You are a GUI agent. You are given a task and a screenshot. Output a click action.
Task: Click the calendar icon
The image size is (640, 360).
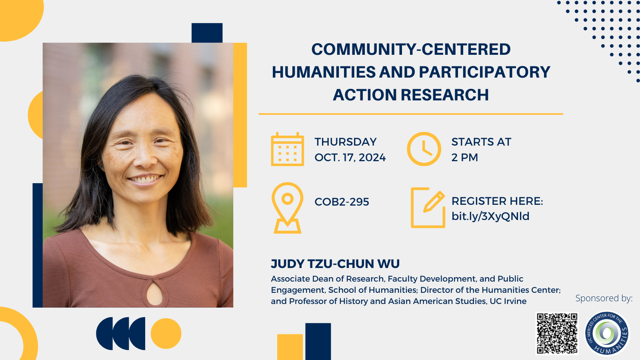(x=288, y=149)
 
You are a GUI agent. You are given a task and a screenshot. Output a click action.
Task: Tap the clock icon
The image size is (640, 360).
(x=424, y=149)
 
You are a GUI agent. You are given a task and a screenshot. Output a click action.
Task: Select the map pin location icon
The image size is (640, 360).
(x=288, y=208)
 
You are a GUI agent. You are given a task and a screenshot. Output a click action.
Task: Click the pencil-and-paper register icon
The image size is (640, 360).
(x=428, y=208)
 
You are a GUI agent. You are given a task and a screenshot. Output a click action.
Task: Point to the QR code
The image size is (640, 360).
(x=557, y=334)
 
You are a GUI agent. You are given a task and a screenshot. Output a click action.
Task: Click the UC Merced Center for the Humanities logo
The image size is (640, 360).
(x=606, y=334)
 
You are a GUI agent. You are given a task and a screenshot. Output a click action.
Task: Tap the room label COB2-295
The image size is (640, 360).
(x=342, y=202)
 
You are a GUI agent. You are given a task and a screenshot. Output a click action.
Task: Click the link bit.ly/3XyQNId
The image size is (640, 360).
(x=490, y=216)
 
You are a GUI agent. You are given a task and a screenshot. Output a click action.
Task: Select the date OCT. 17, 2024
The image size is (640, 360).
(x=350, y=158)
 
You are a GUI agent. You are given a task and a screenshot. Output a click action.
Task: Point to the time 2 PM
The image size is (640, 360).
(x=464, y=158)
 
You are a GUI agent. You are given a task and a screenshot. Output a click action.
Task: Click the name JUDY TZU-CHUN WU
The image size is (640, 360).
(x=335, y=264)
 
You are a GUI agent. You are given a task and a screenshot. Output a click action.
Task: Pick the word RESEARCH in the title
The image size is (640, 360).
(x=444, y=95)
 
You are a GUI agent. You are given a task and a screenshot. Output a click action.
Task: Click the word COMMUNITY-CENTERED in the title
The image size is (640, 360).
(x=411, y=50)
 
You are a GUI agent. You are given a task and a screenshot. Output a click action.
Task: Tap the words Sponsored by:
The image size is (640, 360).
(x=604, y=298)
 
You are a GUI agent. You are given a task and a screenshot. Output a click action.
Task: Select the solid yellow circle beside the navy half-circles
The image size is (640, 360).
(x=166, y=334)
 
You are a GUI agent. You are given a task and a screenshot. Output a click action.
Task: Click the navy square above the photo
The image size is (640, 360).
(x=207, y=33)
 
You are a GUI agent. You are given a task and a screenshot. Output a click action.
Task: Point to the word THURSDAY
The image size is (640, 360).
(x=346, y=142)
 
